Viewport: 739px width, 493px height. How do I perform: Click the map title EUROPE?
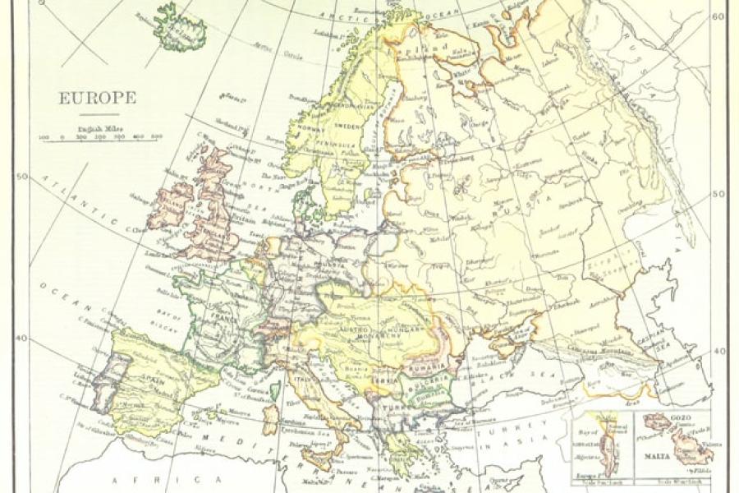pos(96,98)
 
